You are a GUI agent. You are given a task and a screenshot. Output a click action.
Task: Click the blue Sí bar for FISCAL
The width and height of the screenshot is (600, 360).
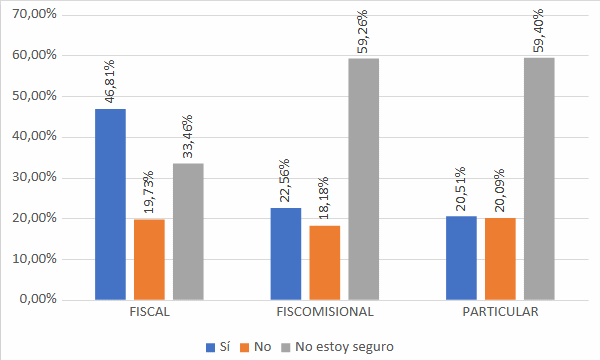110,204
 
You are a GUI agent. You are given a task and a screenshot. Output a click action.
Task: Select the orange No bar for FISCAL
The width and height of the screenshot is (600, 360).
149,259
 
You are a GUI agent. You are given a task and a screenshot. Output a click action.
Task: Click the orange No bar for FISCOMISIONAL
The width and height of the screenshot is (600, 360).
324,262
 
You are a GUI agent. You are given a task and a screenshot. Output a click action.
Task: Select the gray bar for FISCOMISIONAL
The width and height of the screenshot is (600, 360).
363,179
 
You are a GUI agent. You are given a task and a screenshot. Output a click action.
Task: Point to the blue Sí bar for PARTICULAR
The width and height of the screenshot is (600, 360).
460,257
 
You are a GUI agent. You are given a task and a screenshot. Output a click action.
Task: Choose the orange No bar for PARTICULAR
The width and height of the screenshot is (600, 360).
499,258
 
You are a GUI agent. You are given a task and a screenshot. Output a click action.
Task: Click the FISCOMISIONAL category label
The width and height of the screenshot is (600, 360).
324,312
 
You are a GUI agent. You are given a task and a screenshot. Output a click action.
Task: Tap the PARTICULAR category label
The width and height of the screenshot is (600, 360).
499,312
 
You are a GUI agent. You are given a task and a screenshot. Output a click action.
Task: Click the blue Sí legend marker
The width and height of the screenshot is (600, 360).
210,347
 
